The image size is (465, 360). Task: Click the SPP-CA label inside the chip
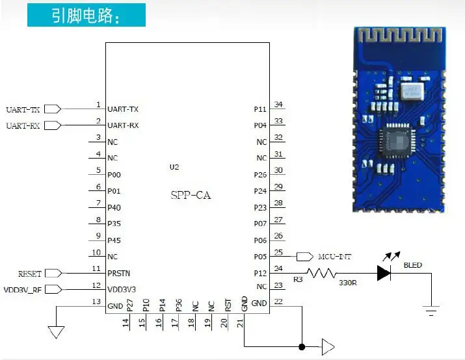191,195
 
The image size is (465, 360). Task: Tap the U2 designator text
174,167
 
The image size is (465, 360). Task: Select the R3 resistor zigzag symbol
321,273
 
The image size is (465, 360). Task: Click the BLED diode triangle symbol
384,273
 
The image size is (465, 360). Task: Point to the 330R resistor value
347,283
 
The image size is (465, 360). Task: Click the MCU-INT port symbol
305,257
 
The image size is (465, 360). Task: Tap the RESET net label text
30,274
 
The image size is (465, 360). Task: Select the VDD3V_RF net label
23,290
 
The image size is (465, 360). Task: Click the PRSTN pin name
118,273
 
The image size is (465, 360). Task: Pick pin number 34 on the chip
278,105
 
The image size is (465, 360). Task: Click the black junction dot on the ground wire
302,346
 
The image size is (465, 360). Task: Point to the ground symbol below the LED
431,311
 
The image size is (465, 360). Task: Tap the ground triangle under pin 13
56,332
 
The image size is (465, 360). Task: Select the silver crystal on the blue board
412,91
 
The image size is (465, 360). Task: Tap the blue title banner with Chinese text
86,15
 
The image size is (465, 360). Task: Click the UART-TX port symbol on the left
53,109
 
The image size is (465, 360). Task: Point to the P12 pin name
260,273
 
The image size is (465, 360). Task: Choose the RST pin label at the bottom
228,305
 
